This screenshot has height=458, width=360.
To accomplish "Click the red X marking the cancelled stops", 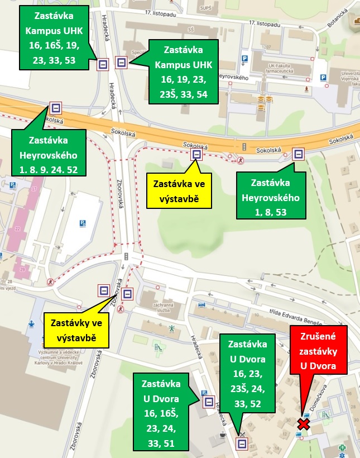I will click(304, 424).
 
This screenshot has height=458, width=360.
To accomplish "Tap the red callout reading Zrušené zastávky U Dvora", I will click(316, 351).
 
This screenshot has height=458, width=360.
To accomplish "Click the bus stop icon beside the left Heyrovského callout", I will click(56, 108).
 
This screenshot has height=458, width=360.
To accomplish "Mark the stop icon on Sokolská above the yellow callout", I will click(196, 155).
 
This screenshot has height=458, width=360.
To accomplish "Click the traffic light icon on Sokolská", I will click(244, 146).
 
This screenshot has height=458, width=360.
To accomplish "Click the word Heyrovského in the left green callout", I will click(49, 155).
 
